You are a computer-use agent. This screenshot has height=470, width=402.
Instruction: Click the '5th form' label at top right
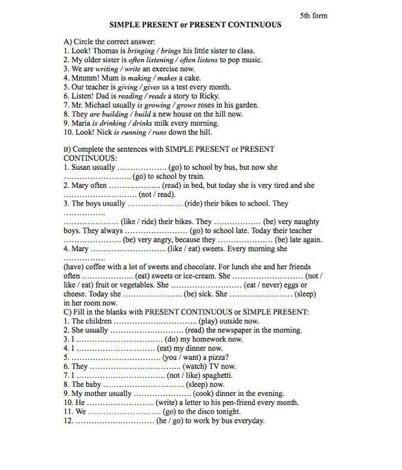[x=313, y=16]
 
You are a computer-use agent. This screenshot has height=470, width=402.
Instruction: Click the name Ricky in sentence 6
[x=208, y=96]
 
